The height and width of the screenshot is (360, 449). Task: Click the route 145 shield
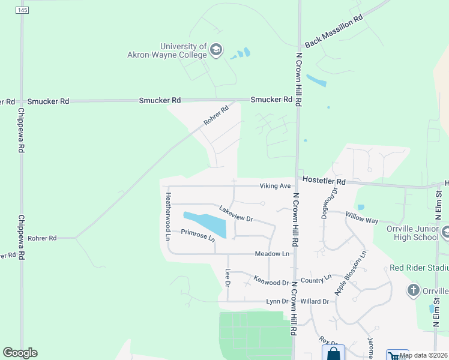click(22, 11)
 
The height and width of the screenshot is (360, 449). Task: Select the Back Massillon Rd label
click(334, 32)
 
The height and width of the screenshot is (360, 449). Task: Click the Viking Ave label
click(275, 186)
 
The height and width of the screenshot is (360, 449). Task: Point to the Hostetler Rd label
click(324, 181)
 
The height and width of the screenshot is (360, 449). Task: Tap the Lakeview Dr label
click(236, 214)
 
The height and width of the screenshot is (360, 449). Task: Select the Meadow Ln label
click(273, 254)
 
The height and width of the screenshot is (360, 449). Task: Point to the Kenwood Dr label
click(271, 281)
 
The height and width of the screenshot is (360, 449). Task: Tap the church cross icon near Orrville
click(413, 291)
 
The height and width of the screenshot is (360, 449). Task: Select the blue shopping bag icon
click(333, 353)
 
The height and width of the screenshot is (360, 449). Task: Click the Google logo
click(20, 353)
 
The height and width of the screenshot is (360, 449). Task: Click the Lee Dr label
click(228, 277)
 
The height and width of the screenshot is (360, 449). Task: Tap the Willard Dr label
click(315, 301)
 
